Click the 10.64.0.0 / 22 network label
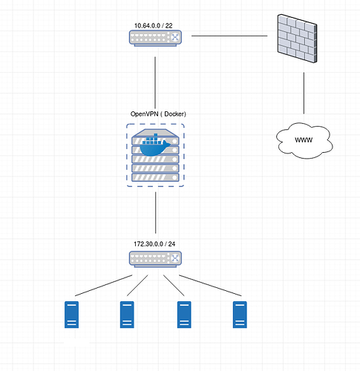pos(154,26)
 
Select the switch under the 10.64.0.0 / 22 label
pos(155,39)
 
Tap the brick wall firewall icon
pos(297,39)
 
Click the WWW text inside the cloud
pos(304,140)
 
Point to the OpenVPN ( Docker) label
pos(158,114)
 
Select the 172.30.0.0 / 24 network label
pos(154,244)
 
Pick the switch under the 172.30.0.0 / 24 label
pos(155,259)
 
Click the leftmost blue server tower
pos(71,315)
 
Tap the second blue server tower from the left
pos(127,315)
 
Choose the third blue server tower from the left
pos(184,315)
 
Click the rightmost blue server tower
pos(240,315)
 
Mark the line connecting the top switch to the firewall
pos(229,36)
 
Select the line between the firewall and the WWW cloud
pos(304,93)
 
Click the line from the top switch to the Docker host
pos(155,82)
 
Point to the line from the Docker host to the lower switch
pos(155,213)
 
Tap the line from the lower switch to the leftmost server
pos(103,286)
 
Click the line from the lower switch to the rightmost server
pos(210,286)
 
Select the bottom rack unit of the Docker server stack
pos(155,177)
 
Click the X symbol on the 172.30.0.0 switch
pos(175,258)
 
